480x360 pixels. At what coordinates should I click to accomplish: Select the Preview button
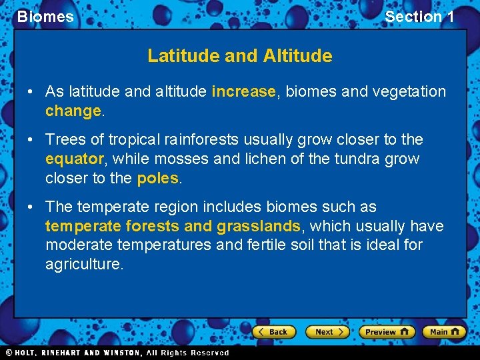coord(387,331)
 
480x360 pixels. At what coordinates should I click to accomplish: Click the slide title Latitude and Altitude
coord(240,56)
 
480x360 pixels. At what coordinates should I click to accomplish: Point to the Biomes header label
coord(45,17)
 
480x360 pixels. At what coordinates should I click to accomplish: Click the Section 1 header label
coord(419,17)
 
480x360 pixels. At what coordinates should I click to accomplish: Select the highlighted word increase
coord(243,91)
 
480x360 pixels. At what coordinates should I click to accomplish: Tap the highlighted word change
coord(73,111)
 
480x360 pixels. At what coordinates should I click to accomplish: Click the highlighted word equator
coord(74,159)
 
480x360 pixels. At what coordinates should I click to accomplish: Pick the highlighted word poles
coord(158,178)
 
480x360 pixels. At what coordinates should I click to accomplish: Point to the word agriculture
coord(84,264)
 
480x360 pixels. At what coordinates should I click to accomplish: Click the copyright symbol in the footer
coord(9,353)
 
